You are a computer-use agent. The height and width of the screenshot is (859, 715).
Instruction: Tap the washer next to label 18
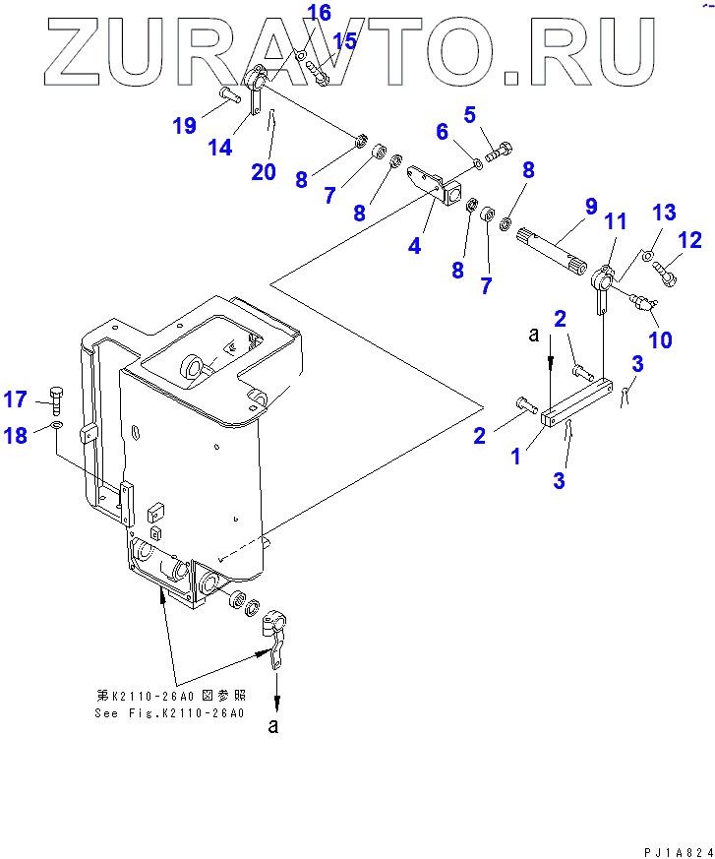pos(58,426)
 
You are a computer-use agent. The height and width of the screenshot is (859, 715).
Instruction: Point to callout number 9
pos(591,207)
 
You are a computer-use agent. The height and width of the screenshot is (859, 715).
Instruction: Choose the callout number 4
pos(415,245)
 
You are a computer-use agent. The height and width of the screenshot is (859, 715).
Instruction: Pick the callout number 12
pos(689,239)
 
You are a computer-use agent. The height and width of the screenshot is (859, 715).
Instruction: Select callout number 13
pos(665,213)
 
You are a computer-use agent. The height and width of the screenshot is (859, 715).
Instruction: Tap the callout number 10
pos(660,339)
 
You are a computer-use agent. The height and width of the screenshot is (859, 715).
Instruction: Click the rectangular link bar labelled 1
pos(576,404)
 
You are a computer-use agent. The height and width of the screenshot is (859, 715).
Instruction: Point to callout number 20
pos(263,171)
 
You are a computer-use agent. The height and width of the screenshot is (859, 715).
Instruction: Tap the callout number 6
pos(442,131)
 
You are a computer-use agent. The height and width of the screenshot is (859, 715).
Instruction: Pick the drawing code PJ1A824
pos(674,848)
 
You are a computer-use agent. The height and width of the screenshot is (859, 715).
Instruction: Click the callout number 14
pos(220,147)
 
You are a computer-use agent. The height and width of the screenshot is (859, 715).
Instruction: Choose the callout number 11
pos(616,221)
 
